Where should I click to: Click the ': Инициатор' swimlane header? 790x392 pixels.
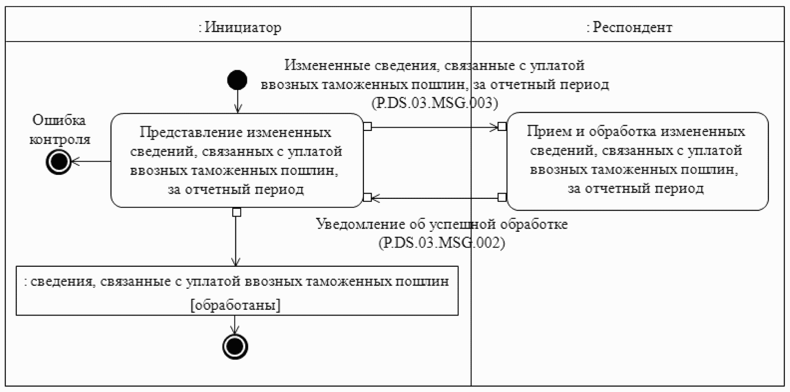[240, 27]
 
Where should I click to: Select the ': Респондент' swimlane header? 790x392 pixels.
[629, 27]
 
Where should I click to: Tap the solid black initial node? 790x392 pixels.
[237, 80]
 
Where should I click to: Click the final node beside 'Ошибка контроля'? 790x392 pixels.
[59, 162]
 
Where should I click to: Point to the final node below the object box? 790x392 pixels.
[235, 347]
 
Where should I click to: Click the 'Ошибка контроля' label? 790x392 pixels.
[59, 130]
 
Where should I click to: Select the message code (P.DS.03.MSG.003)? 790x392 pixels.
[434, 102]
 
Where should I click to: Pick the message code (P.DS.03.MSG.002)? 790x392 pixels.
[441, 242]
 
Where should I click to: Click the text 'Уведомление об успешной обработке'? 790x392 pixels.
[442, 224]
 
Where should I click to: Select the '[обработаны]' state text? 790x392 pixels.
[235, 305]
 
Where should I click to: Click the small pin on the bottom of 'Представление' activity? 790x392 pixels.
[236, 212]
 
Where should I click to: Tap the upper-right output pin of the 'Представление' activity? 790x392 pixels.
[367, 127]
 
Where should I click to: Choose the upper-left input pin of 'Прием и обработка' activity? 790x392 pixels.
[502, 127]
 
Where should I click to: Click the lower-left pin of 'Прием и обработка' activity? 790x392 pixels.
[502, 197]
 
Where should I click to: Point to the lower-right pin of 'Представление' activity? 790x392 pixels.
[367, 197]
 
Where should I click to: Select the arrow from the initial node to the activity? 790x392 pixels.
[237, 101]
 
